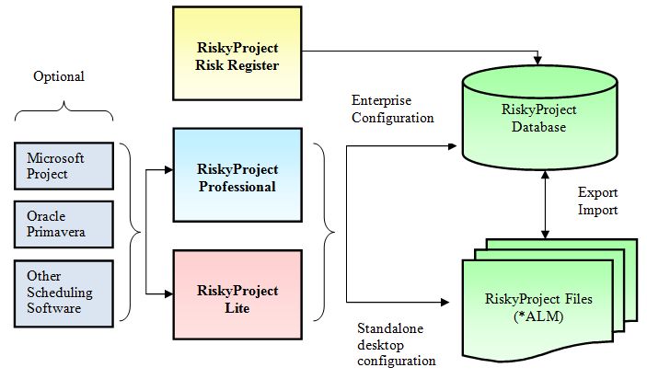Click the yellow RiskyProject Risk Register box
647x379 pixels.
point(237,54)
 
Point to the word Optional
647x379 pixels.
point(58,76)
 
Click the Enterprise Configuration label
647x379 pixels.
point(392,108)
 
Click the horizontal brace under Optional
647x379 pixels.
point(64,114)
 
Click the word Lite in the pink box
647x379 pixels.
point(237,307)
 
